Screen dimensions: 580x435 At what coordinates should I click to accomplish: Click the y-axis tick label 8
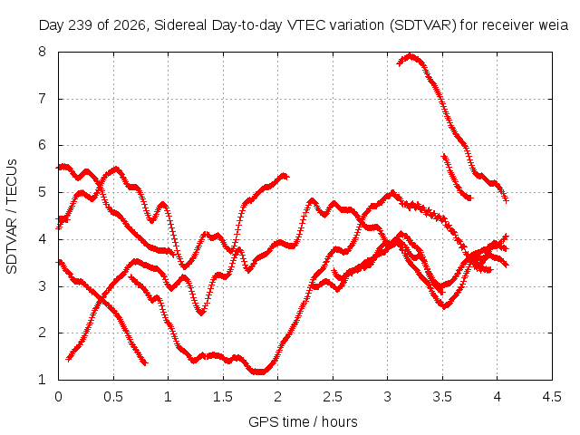(x=42, y=52)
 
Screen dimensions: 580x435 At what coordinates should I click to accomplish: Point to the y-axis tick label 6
(x=42, y=145)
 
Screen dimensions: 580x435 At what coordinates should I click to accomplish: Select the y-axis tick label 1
(x=42, y=379)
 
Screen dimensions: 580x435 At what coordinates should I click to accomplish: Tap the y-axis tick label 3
(x=42, y=285)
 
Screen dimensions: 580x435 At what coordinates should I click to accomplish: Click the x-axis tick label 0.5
(x=113, y=397)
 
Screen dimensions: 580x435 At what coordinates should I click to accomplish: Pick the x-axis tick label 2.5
(x=333, y=397)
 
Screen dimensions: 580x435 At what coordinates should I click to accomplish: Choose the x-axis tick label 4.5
(x=552, y=397)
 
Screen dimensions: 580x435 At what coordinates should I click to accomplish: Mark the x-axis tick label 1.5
(x=223, y=397)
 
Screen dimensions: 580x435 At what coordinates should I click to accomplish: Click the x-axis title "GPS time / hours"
(x=303, y=421)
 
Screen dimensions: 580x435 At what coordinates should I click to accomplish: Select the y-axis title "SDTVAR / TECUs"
(x=12, y=217)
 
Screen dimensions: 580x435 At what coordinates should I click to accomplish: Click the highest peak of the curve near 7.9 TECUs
(x=410, y=56)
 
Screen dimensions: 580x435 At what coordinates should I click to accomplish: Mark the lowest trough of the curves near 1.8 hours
(x=259, y=372)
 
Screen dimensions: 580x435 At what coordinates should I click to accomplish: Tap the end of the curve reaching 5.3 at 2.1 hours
(x=285, y=176)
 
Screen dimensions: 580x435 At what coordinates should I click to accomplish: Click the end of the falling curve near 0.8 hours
(x=145, y=362)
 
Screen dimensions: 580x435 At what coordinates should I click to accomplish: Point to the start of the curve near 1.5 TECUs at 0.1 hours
(x=69, y=359)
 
